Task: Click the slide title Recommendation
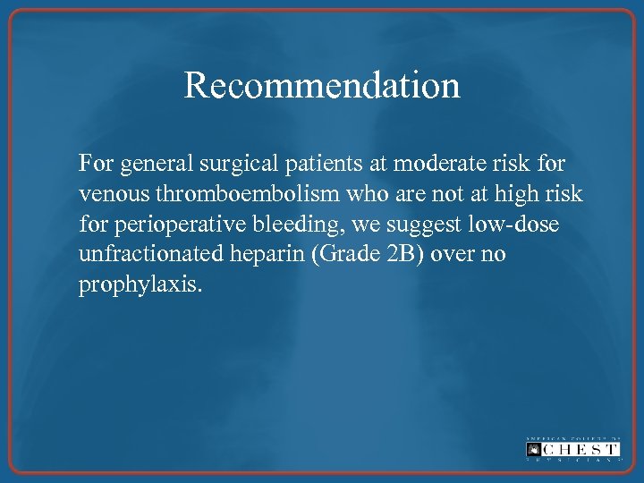[322, 85]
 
